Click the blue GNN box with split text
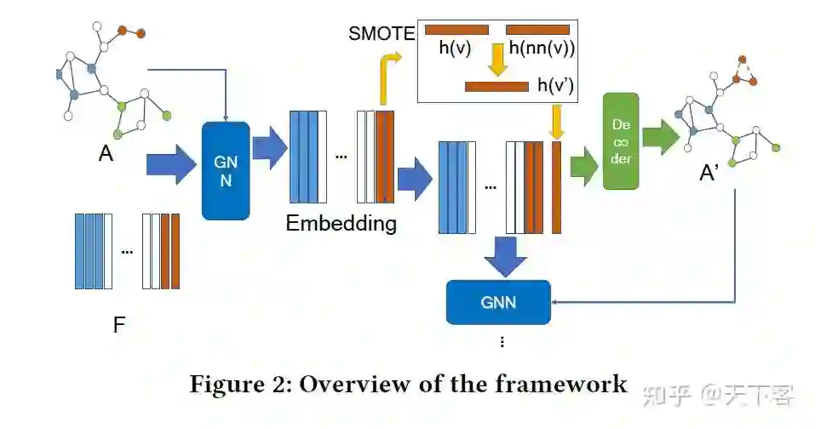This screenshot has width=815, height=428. pos(225,170)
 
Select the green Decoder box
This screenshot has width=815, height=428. pos(620,141)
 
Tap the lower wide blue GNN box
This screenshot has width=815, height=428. pos(498,301)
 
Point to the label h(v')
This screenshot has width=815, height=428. pos(556,85)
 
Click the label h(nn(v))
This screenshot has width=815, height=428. pos(542,49)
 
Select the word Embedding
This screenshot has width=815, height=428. pos(341,224)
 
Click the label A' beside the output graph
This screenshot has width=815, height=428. pos(709,173)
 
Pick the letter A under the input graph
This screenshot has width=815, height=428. pos(106,153)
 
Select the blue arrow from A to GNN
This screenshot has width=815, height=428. pos(170,164)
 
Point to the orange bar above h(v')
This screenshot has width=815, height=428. pos(496,86)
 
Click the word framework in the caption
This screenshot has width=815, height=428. pos(560,384)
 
